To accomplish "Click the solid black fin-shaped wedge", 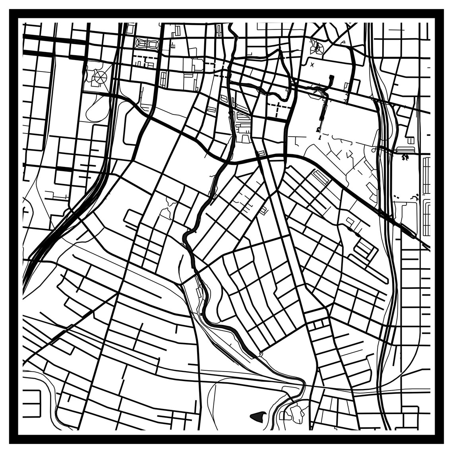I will (257, 416).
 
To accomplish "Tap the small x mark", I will (312, 64).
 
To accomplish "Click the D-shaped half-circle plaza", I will (317, 48).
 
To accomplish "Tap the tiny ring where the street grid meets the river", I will (261, 353).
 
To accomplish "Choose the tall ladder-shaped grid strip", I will (426, 175).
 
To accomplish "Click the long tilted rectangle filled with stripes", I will (321, 177).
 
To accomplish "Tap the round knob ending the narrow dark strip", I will (317, 130).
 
